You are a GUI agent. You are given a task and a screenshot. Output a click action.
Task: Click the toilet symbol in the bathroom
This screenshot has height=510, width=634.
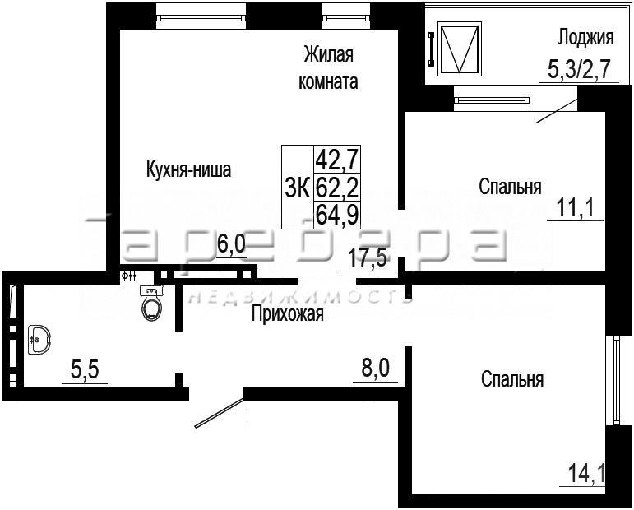[151, 304]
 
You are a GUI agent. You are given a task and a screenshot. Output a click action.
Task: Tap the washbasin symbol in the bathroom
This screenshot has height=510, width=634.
[39, 340]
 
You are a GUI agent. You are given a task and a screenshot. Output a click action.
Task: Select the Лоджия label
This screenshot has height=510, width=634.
[585, 38]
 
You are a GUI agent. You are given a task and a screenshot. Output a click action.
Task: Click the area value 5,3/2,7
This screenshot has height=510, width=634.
[578, 69]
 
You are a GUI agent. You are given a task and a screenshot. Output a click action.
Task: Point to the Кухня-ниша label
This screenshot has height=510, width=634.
[188, 169]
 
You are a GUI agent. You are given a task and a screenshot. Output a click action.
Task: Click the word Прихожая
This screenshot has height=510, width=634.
[288, 313]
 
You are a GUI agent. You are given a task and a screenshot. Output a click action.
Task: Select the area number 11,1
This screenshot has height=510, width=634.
[575, 209]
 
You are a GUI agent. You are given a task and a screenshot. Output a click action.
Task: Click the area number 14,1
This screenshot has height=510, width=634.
[586, 474]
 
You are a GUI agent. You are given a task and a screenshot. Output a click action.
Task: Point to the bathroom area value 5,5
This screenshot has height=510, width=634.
[85, 370]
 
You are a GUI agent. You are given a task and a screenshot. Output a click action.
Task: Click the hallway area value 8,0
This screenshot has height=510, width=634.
[375, 369]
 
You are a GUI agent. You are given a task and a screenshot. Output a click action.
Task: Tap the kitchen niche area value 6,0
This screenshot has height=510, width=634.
[231, 243]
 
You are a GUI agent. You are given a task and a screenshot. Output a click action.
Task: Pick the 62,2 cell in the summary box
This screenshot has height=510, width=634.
[337, 188]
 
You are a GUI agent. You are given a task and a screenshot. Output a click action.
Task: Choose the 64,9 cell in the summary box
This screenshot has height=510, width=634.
[337, 215]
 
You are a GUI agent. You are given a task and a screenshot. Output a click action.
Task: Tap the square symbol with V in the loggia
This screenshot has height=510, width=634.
[460, 49]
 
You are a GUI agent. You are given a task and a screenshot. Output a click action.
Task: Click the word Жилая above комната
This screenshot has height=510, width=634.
[329, 55]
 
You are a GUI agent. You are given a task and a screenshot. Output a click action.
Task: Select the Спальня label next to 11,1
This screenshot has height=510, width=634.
[511, 187]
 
